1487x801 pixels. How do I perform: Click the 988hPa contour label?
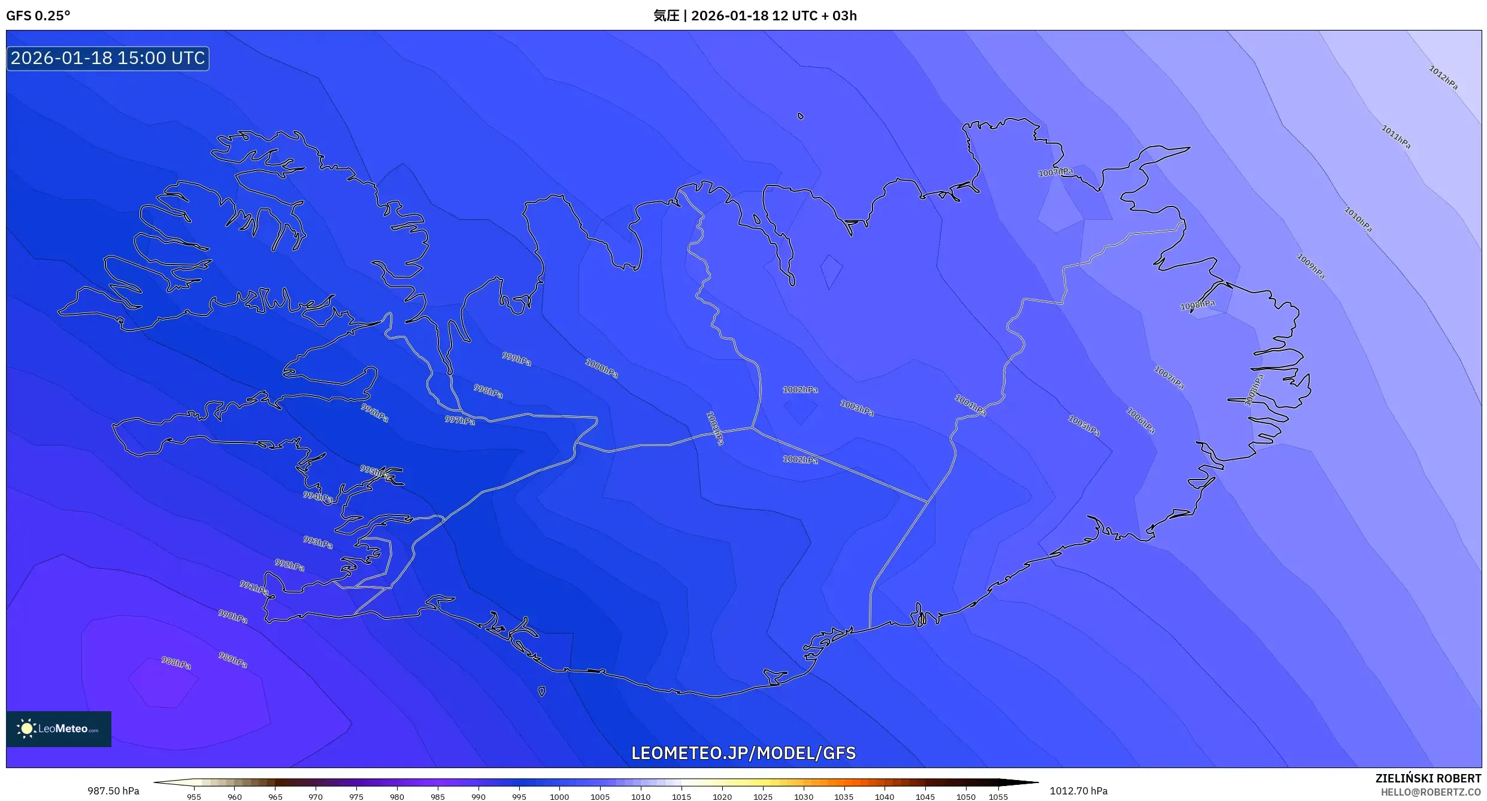(176, 663)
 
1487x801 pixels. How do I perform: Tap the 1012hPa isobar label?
(1443, 78)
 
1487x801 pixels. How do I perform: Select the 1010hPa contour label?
(1358, 220)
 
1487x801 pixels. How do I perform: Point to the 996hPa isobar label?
(374, 412)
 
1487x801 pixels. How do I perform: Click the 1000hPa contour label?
(601, 368)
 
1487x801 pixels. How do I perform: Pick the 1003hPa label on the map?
(856, 408)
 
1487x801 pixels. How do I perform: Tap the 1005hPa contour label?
(1083, 426)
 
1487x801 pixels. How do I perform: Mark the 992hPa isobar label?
(289, 565)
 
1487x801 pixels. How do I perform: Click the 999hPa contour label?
(516, 359)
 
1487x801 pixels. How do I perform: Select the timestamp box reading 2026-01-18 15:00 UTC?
(108, 58)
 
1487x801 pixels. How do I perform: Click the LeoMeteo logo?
(59, 729)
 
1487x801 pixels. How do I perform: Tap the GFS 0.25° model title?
(38, 16)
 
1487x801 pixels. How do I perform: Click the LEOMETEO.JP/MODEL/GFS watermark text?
(743, 753)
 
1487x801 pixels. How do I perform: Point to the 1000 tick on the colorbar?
(559, 797)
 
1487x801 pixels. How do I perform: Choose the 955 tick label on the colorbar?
(194, 797)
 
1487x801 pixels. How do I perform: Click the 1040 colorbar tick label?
(884, 797)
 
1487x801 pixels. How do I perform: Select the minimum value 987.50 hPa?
(113, 791)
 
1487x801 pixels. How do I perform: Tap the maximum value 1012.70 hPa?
(1078, 791)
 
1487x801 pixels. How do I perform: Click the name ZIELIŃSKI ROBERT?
(1428, 778)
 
